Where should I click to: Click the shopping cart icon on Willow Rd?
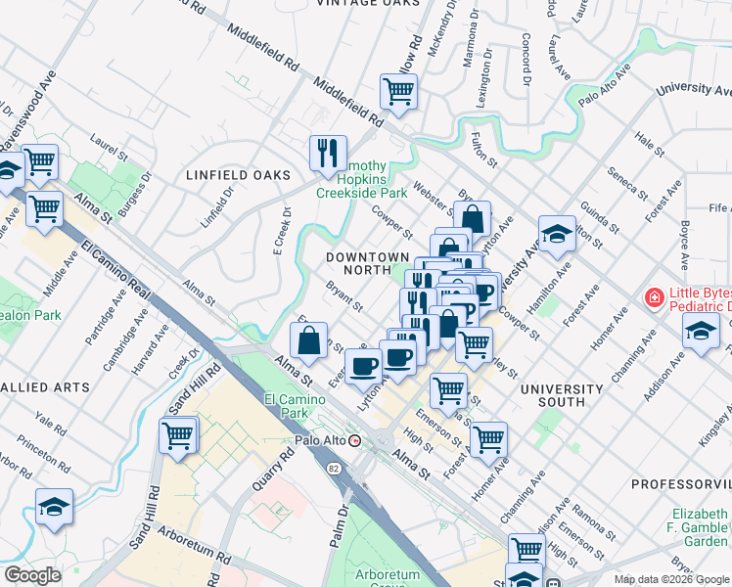pyautogui.click(x=398, y=91)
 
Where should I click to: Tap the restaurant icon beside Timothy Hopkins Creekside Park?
pyautogui.click(x=327, y=153)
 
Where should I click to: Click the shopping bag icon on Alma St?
pyautogui.click(x=308, y=341)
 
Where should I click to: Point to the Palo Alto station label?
pyautogui.click(x=322, y=440)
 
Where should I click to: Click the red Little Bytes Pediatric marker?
pyautogui.click(x=652, y=296)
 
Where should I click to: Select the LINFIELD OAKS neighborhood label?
pyautogui.click(x=239, y=174)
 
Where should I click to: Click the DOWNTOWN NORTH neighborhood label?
pyautogui.click(x=367, y=263)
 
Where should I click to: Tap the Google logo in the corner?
pyautogui.click(x=32, y=575)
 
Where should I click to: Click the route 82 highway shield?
pyautogui.click(x=335, y=471)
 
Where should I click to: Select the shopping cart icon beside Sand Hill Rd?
pyautogui.click(x=178, y=435)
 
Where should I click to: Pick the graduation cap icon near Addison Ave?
pyautogui.click(x=701, y=334)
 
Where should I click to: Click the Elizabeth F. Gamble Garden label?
pyautogui.click(x=699, y=528)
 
